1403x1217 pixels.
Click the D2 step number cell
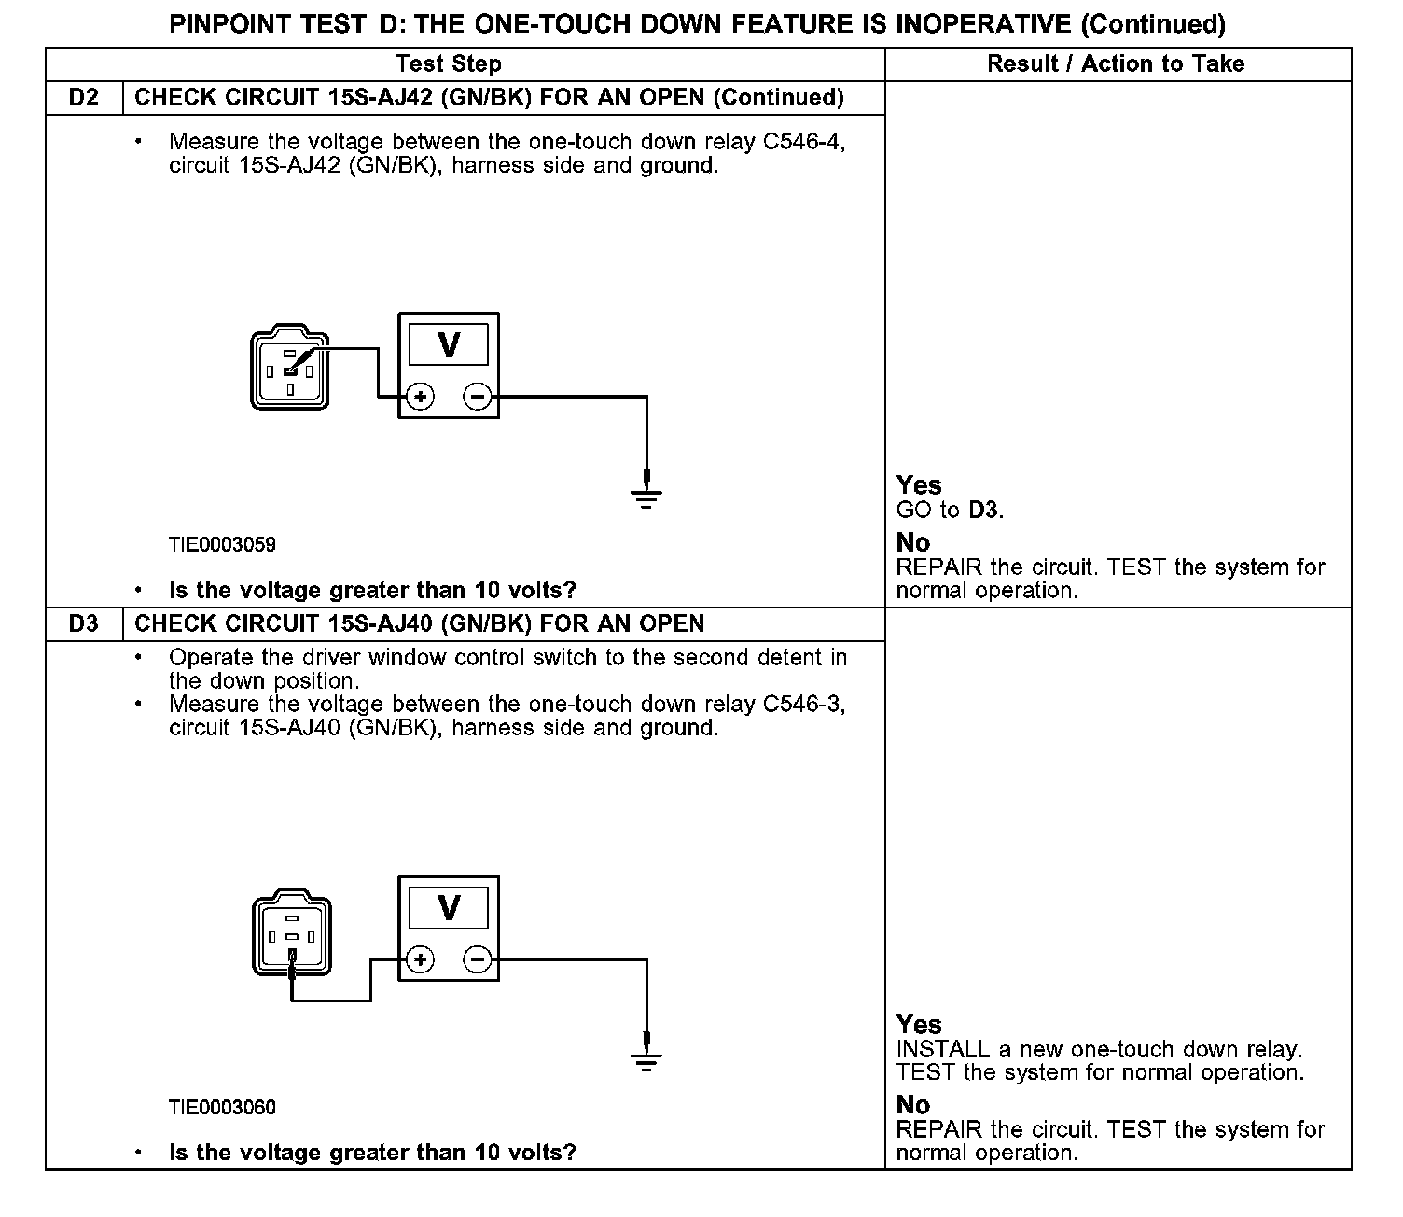[x=84, y=98]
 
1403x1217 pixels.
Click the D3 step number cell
[x=84, y=623]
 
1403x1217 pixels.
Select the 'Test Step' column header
[x=448, y=63]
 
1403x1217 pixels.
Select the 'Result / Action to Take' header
[x=1116, y=63]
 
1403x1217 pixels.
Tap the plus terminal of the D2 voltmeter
[x=421, y=397]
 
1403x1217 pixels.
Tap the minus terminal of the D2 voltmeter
[x=478, y=397]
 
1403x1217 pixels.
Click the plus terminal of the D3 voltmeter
[x=421, y=959]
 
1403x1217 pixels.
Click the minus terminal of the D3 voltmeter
[x=478, y=959]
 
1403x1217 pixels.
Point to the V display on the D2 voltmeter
[x=449, y=345]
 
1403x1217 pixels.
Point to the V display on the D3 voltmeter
[x=449, y=907]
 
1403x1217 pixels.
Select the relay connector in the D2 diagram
[x=290, y=368]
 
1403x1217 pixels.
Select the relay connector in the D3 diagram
[x=291, y=935]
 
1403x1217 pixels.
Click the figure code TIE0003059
[x=222, y=544]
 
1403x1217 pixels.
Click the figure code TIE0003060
[x=222, y=1108]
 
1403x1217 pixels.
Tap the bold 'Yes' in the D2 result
[x=919, y=485]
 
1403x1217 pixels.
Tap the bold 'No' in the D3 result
[x=913, y=1105]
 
